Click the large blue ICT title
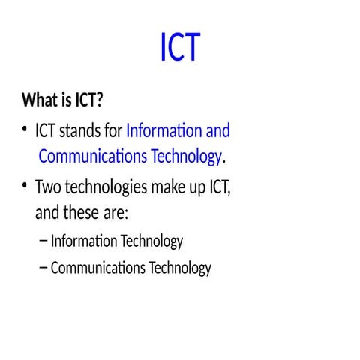(x=180, y=48)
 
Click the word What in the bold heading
(x=40, y=100)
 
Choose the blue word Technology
(x=183, y=157)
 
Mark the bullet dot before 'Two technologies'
(x=25, y=187)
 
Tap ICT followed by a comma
(x=217, y=187)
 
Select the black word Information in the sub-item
(x=83, y=241)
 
